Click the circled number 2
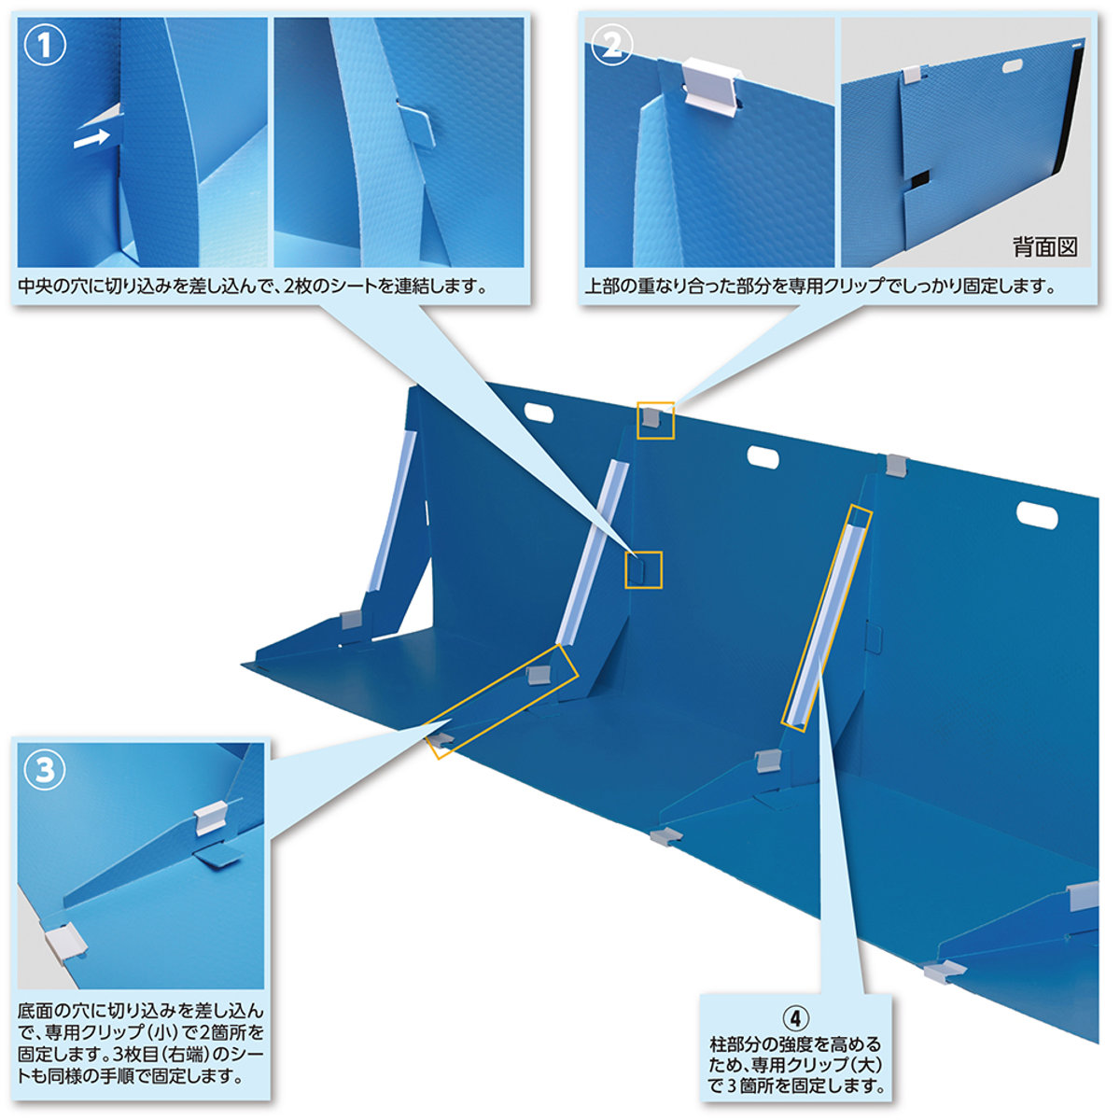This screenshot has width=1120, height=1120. [x=611, y=47]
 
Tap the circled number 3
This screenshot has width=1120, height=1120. [x=46, y=771]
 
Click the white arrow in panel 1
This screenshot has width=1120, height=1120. [x=91, y=139]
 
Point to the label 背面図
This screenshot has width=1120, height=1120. [x=1044, y=247]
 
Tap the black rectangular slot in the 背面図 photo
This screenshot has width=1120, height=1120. [x=918, y=182]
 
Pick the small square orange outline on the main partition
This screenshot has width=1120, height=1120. [x=643, y=569]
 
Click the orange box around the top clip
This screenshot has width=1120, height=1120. [x=655, y=420]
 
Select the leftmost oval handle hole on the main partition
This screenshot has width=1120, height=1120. [x=539, y=413]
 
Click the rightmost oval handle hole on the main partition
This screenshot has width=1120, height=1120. [x=1037, y=515]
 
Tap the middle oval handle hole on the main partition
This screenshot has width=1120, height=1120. [x=763, y=456]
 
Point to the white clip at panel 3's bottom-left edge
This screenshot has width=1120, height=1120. [x=64, y=945]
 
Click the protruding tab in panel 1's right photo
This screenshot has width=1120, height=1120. [x=416, y=126]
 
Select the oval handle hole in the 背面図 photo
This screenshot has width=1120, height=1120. [x=1015, y=65]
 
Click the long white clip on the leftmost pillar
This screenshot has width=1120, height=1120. [x=392, y=511]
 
